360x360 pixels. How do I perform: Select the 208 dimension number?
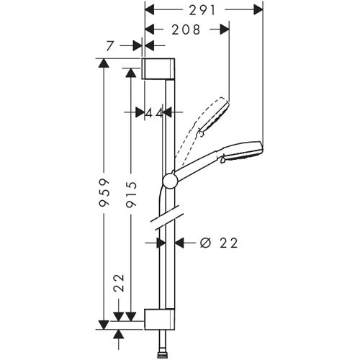[186, 30]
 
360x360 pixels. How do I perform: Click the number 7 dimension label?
[109, 45]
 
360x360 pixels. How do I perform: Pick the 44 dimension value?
[153, 112]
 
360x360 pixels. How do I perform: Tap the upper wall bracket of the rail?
[158, 68]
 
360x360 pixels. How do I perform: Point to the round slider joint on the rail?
[171, 180]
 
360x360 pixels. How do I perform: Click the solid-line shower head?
[242, 150]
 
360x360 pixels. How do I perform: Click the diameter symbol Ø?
[204, 243]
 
